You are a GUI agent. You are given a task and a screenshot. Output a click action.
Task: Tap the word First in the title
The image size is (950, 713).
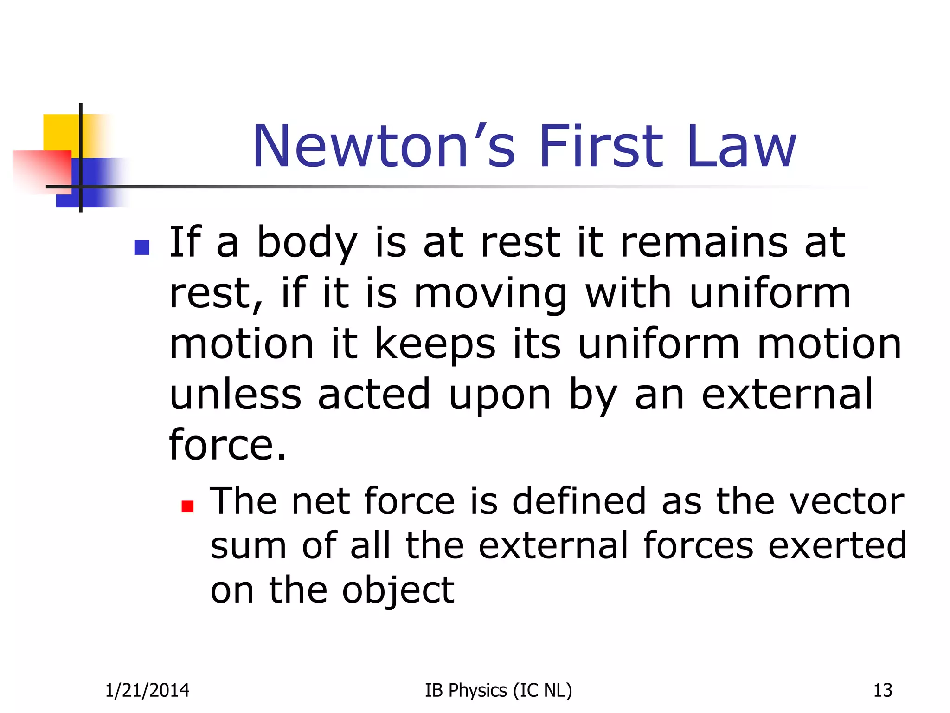click(601, 147)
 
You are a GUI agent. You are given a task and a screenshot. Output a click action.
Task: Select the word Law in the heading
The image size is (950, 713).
click(742, 147)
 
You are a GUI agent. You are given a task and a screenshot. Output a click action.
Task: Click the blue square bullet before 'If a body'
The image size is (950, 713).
click(141, 247)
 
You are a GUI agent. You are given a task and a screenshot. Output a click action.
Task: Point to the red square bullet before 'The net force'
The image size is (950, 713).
click(187, 506)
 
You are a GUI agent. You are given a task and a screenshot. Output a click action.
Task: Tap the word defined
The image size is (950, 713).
click(579, 501)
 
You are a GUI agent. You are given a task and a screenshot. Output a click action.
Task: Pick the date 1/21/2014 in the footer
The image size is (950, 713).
click(147, 691)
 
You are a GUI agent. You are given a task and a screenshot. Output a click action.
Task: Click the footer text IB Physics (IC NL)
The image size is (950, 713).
click(498, 691)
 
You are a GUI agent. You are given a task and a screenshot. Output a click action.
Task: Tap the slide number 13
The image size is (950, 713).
click(882, 691)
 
